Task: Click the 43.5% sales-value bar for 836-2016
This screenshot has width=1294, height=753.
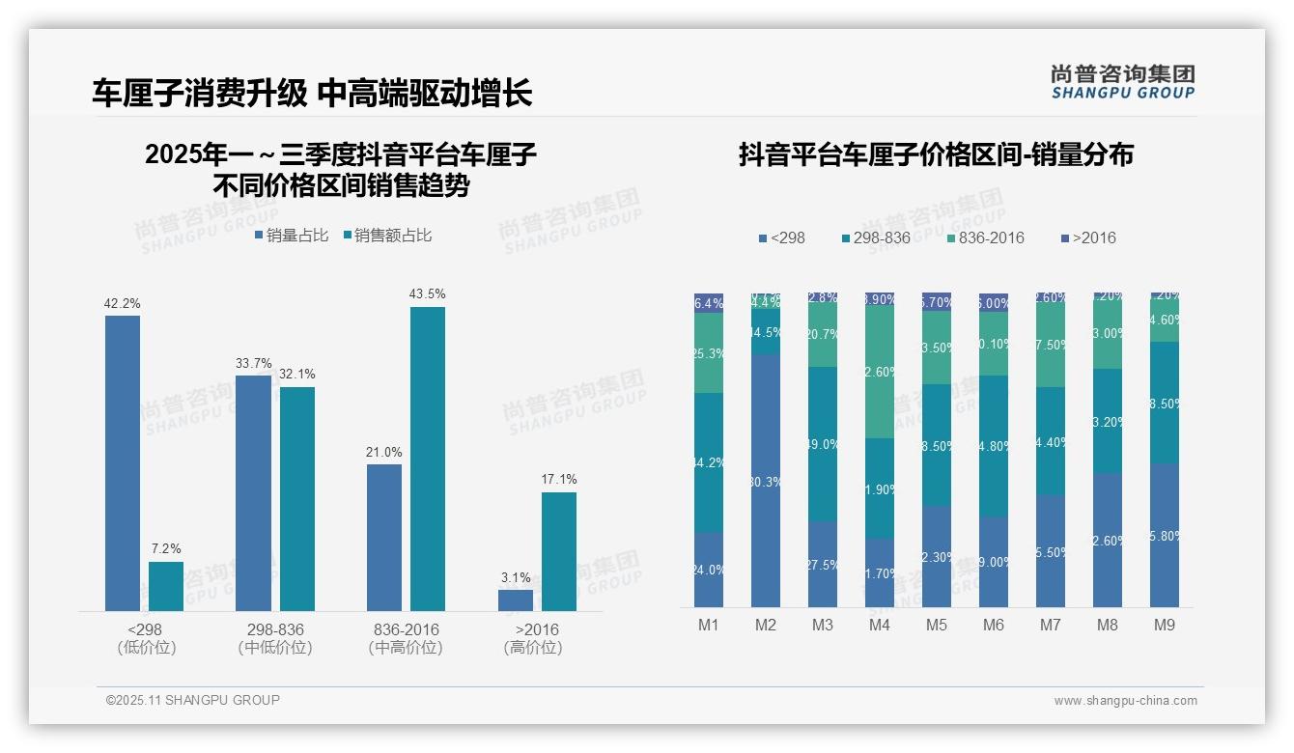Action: pyautogui.click(x=428, y=459)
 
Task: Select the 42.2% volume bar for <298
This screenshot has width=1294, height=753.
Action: pyautogui.click(x=123, y=463)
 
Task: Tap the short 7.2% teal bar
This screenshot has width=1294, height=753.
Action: pyautogui.click(x=166, y=586)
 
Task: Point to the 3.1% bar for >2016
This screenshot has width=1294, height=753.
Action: pyautogui.click(x=516, y=600)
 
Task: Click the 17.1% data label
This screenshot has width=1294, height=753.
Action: pyautogui.click(x=559, y=479)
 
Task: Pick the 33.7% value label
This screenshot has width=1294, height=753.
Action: pyautogui.click(x=254, y=363)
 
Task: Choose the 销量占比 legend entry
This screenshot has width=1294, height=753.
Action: pyautogui.click(x=292, y=236)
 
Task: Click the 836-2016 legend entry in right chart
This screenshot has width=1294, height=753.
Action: pyautogui.click(x=985, y=237)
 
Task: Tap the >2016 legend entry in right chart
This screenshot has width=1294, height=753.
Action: pyautogui.click(x=1088, y=237)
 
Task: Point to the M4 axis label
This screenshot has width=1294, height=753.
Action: pyautogui.click(x=880, y=625)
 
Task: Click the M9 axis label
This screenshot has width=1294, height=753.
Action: pyautogui.click(x=1165, y=625)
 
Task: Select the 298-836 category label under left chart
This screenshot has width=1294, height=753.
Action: pyautogui.click(x=275, y=629)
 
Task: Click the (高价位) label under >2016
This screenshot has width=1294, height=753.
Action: pyautogui.click(x=533, y=648)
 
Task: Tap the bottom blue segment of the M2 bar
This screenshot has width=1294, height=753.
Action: pyautogui.click(x=766, y=481)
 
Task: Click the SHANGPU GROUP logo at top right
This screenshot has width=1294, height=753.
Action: pyautogui.click(x=1123, y=82)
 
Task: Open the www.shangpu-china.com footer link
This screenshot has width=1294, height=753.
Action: pyautogui.click(x=1125, y=701)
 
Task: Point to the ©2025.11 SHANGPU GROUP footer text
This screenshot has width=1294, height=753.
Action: pyautogui.click(x=193, y=700)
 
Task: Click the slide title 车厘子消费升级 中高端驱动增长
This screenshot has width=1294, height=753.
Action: pyautogui.click(x=312, y=93)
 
